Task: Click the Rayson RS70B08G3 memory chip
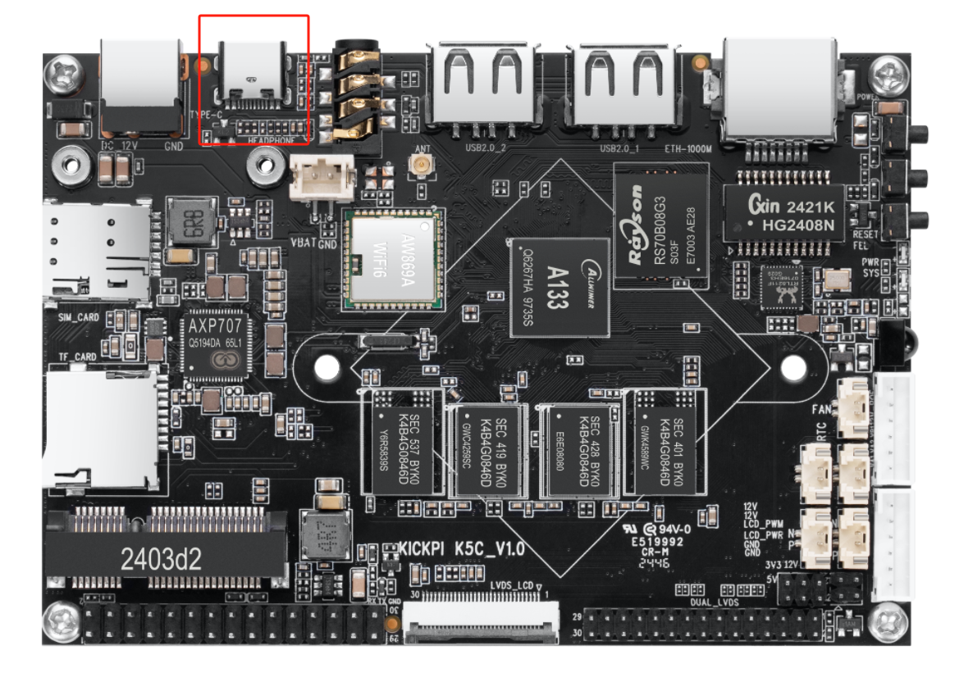tap(661, 223)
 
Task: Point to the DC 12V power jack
tap(139, 86)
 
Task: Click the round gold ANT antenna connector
tap(423, 167)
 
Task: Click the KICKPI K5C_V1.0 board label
tap(461, 548)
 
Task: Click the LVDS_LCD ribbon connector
tap(483, 622)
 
